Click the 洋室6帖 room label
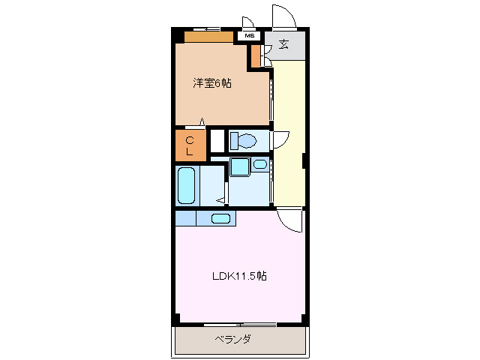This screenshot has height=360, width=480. (212, 83)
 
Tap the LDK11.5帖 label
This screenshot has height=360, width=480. (238, 275)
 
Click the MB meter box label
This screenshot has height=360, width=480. (248, 35)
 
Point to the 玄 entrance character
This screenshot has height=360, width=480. (284, 43)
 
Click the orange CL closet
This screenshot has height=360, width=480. (190, 146)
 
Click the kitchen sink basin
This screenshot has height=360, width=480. (220, 218)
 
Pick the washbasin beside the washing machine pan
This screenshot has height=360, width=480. (259, 164)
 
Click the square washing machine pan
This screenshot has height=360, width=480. (241, 166)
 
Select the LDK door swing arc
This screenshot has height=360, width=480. (289, 220)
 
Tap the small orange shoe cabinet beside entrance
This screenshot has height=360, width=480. (256, 55)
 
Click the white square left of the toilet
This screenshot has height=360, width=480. (217, 140)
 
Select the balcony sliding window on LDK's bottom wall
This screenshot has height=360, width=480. (240, 325)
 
